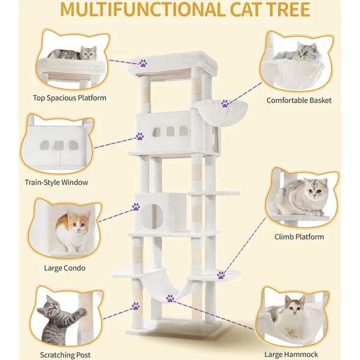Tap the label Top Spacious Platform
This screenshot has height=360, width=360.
(x=69, y=98)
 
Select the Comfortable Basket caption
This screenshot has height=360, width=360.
(x=299, y=100)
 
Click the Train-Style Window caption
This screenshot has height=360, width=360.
(x=56, y=182)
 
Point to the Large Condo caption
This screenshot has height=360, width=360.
(x=65, y=268)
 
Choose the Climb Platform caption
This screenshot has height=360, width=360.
(x=299, y=237)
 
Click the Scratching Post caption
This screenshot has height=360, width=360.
(x=66, y=355)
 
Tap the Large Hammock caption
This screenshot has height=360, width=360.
(x=292, y=355)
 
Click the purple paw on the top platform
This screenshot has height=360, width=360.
(x=143, y=63)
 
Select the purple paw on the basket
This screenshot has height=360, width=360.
(x=225, y=104)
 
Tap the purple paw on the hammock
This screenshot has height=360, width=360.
(x=170, y=298)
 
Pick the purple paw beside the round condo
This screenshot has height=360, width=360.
(x=136, y=206)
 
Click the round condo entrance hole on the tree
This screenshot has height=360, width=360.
(x=152, y=216)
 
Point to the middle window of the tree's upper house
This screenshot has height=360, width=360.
(x=170, y=131)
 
